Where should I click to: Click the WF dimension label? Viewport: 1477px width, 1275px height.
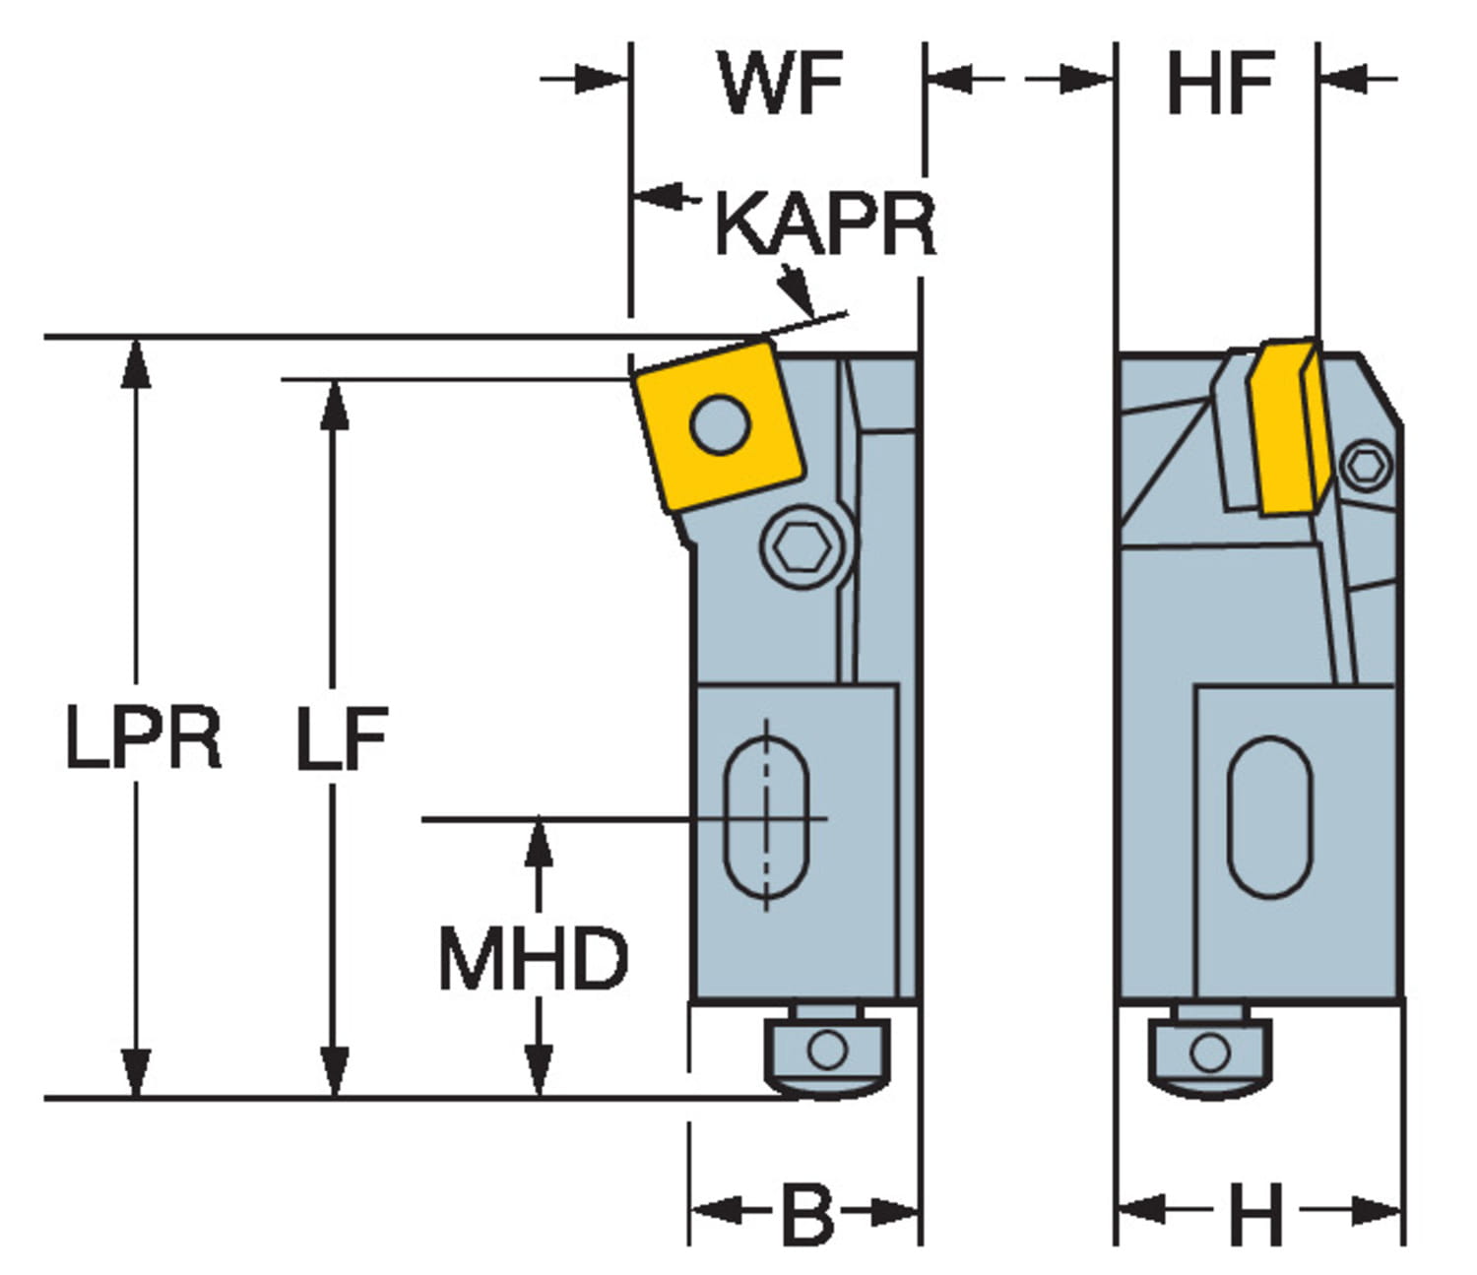click(x=781, y=84)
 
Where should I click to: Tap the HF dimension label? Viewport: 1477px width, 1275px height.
click(x=1220, y=84)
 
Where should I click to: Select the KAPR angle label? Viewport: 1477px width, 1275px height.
click(x=824, y=224)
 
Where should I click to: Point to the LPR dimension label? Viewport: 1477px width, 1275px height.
click(x=143, y=738)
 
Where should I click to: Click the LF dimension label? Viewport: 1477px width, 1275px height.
click(x=342, y=738)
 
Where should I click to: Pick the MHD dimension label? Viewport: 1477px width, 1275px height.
click(x=533, y=958)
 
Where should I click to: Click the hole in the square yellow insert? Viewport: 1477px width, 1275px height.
click(x=721, y=425)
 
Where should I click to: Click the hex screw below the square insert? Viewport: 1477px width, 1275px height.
click(x=803, y=544)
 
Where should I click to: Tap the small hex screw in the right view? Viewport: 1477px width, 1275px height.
click(x=1368, y=465)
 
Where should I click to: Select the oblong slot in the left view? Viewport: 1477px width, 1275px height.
click(x=766, y=819)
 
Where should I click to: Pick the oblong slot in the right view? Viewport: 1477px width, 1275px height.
click(x=1270, y=817)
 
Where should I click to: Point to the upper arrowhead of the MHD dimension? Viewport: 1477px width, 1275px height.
click(x=538, y=842)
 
